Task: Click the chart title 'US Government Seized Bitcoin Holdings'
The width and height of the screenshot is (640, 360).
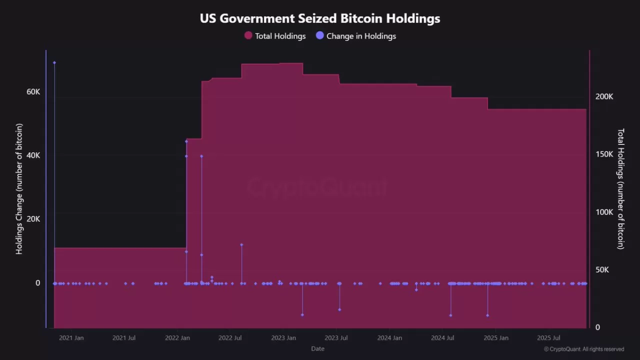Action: click(x=320, y=18)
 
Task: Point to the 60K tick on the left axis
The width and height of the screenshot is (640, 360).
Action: click(x=33, y=92)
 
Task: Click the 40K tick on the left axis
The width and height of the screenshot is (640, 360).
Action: click(x=33, y=155)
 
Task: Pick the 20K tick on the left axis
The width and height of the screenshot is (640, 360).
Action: click(x=33, y=219)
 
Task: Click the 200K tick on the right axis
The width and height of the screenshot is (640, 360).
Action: click(x=604, y=96)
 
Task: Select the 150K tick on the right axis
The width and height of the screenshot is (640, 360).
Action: click(x=604, y=154)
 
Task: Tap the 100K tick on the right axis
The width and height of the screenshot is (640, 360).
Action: click(x=604, y=212)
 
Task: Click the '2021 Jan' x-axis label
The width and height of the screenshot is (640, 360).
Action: click(x=71, y=338)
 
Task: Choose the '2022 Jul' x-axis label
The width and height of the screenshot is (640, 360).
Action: click(x=230, y=338)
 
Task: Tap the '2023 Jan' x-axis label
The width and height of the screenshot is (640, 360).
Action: click(x=283, y=338)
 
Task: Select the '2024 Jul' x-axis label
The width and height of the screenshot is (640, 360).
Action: click(x=442, y=338)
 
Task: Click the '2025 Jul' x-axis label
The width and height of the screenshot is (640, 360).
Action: click(x=548, y=338)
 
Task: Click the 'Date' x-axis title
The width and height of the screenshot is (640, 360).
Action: click(x=317, y=348)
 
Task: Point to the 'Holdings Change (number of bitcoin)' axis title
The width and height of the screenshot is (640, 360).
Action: click(x=19, y=189)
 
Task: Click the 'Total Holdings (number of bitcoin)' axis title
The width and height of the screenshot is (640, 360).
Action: click(x=620, y=189)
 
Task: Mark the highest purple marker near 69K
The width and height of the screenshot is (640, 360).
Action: click(x=54, y=62)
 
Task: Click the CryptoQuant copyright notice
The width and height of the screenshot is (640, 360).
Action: click(x=583, y=349)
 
